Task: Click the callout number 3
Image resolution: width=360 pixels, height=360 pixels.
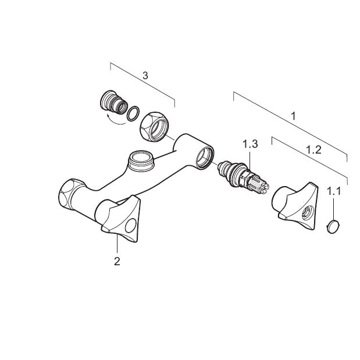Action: click(145, 76)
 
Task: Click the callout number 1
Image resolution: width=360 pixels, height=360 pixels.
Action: click(294, 116)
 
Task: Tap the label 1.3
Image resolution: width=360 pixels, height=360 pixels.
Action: click(250, 144)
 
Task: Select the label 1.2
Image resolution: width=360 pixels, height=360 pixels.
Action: click(314, 150)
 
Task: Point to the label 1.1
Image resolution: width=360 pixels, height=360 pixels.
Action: click(334, 191)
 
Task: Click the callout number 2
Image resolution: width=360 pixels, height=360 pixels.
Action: click(117, 261)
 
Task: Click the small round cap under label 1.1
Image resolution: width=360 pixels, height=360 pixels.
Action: click(333, 227)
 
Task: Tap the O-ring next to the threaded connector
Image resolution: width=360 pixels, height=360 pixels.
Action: click(133, 113)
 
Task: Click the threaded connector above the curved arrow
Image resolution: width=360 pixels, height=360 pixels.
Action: click(114, 102)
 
